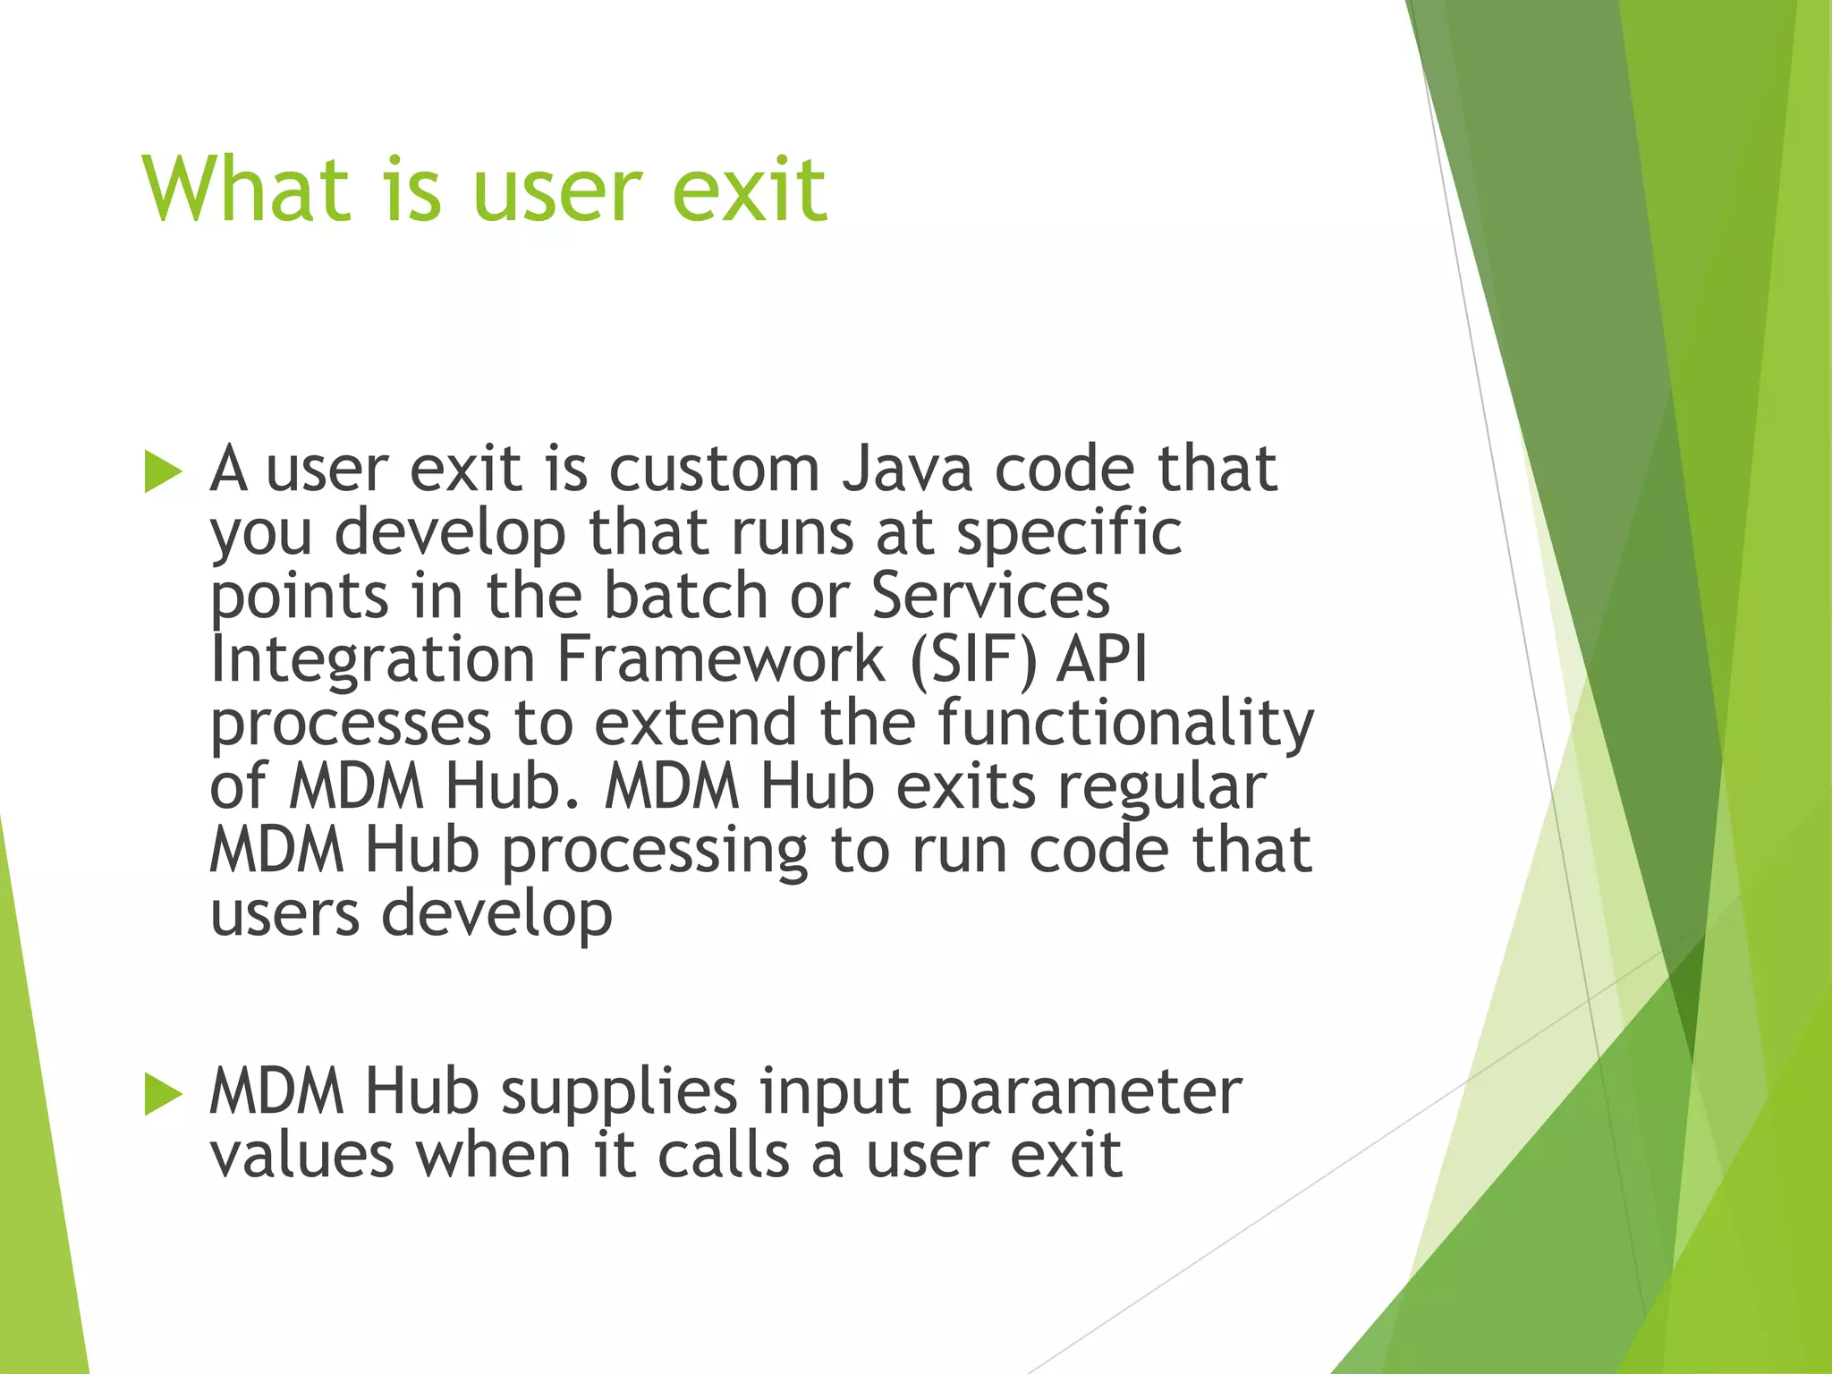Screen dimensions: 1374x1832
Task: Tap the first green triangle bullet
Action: tap(162, 471)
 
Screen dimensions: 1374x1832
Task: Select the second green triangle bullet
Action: tap(162, 1095)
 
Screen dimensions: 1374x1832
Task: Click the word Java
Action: tap(906, 469)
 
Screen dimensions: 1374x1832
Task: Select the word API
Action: tap(1102, 660)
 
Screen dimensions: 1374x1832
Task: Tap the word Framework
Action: tap(720, 660)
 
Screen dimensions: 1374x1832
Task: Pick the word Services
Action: tap(990, 596)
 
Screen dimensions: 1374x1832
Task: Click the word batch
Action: tap(685, 596)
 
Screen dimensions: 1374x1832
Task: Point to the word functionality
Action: tap(1125, 724)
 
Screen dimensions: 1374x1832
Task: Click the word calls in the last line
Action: tap(724, 1155)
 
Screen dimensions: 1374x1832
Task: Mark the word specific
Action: tap(1069, 532)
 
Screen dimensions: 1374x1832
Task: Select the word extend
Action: tap(695, 724)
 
